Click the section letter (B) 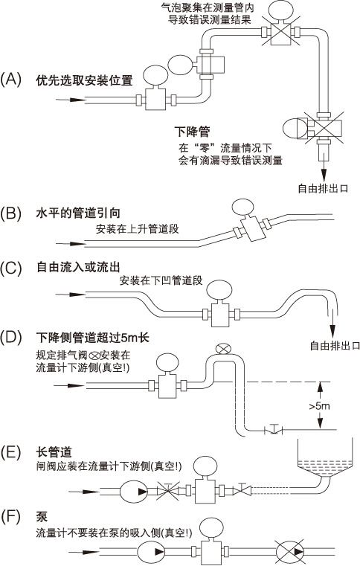(13, 213)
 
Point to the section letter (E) (13, 451)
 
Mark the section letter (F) (13, 516)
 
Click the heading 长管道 (51, 451)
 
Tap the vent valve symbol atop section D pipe (221, 349)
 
